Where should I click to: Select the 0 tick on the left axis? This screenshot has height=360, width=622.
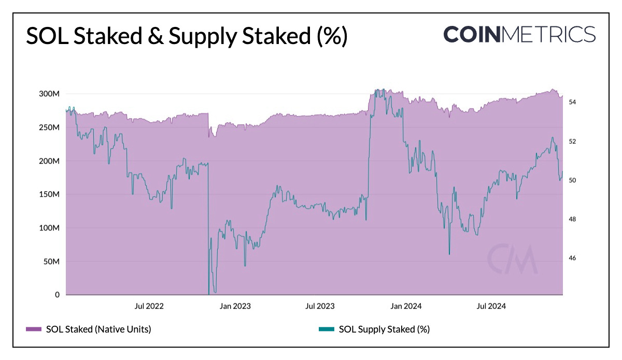(x=57, y=295)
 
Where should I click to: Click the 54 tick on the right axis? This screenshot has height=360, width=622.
(x=573, y=103)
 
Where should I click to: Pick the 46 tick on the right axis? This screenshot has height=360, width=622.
(x=573, y=258)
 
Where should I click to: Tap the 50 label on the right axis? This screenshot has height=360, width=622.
(x=573, y=180)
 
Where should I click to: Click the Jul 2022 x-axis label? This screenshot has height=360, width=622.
(x=149, y=306)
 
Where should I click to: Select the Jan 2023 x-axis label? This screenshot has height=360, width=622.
(x=235, y=306)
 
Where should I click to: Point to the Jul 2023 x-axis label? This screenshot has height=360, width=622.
(x=319, y=306)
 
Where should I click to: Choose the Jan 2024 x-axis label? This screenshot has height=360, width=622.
(x=406, y=306)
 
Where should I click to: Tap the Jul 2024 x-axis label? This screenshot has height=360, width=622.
(x=491, y=306)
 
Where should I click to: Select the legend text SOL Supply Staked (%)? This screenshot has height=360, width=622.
(x=384, y=329)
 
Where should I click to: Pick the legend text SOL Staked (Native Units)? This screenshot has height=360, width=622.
(x=98, y=329)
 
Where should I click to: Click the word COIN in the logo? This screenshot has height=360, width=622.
(x=472, y=34)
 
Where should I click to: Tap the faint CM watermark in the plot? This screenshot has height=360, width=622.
(x=513, y=259)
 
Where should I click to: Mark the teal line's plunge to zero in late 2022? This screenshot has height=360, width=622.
(x=209, y=292)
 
